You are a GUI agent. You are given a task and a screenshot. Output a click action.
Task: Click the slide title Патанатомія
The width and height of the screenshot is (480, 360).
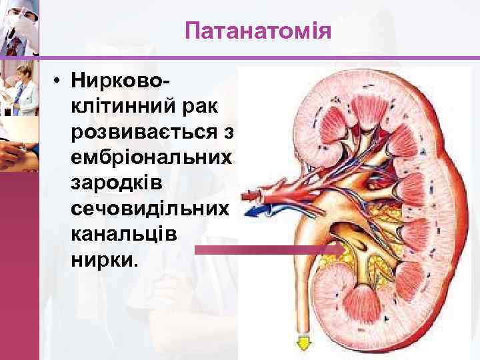(258, 31)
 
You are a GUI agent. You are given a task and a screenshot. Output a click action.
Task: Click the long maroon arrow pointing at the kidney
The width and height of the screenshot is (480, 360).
(267, 249)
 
